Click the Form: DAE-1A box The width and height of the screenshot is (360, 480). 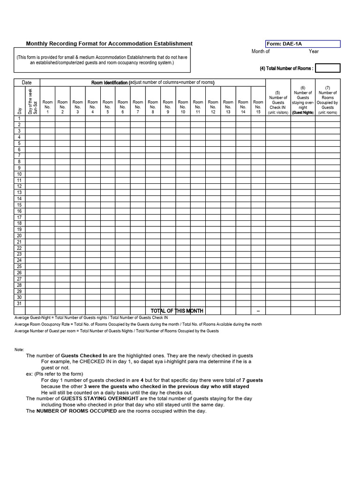pos(303,44)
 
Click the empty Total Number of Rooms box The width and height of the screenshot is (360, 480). pos(328,68)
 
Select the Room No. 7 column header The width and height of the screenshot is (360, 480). pos(138,106)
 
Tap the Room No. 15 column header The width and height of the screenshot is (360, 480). pos(258,106)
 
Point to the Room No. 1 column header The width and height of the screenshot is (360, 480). pos(48,106)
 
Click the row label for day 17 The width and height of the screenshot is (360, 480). pos(20,217)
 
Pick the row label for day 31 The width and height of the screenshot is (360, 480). pos(20,303)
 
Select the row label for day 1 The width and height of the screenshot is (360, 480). pos(20,119)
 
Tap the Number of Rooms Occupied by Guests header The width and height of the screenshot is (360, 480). pos(328,100)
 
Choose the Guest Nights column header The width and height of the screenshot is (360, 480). pos(303,100)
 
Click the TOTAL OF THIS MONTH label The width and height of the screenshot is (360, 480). pos(177,311)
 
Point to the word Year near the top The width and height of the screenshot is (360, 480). pos(314,52)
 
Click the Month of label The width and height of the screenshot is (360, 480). pos(261,52)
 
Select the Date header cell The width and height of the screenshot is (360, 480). pos(27,82)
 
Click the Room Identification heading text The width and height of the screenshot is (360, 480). pos(152,82)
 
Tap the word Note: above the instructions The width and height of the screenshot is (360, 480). pos(19,350)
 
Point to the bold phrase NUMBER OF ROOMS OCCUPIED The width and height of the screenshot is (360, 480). pos(76,411)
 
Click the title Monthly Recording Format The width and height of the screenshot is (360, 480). pos(109,44)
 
